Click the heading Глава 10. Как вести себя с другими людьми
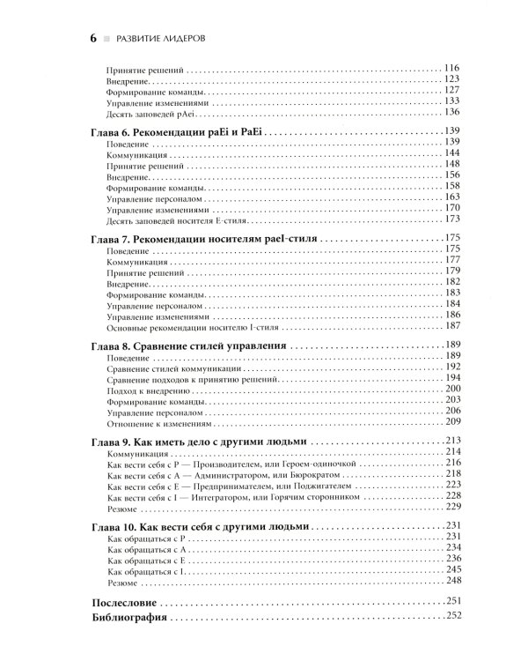coord(200,525)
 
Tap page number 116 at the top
coord(453,68)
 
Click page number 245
coord(454,569)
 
